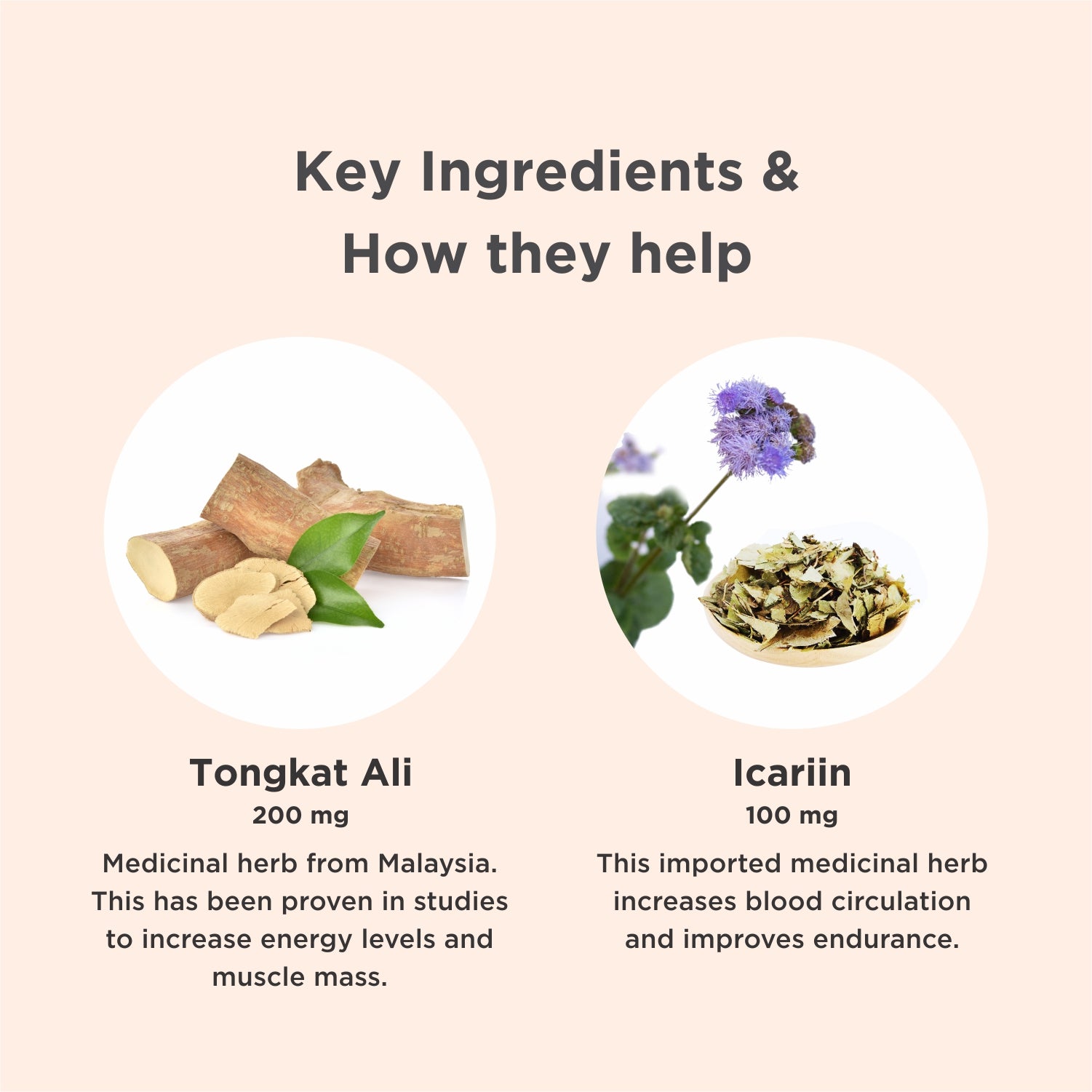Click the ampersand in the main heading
pos(781,172)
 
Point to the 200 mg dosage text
pos(300,816)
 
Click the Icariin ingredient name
pos(792,773)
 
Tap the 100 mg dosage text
pos(792,816)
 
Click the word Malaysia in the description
pos(437,864)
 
